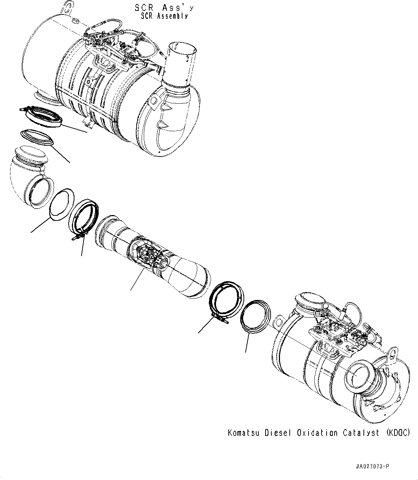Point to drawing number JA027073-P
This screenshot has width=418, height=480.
coord(372,467)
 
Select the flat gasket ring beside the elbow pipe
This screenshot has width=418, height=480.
coord(61,204)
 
